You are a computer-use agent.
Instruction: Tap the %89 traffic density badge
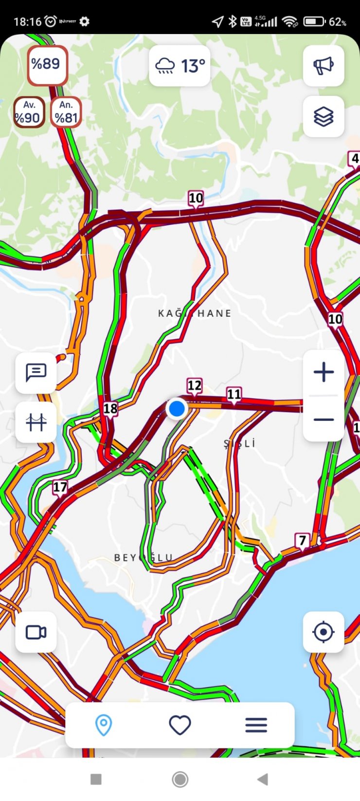point(47,65)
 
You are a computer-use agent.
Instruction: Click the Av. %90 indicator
point(29,112)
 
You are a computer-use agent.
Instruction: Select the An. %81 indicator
point(66,112)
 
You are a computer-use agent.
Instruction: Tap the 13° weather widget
point(180,66)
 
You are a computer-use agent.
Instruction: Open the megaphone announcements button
point(324,66)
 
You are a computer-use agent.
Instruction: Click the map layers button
point(324,116)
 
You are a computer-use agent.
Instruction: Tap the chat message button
point(36,373)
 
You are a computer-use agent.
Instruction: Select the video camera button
point(36,632)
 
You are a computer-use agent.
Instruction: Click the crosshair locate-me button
point(324,632)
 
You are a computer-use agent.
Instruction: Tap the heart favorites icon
point(180,725)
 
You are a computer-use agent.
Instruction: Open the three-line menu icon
point(256,725)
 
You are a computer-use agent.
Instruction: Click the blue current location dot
point(177,408)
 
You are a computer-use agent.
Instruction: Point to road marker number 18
point(110,409)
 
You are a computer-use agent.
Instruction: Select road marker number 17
point(60,487)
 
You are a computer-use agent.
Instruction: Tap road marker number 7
point(303,540)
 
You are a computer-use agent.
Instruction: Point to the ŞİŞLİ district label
point(240,444)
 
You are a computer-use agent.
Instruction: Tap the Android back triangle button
point(263,779)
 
